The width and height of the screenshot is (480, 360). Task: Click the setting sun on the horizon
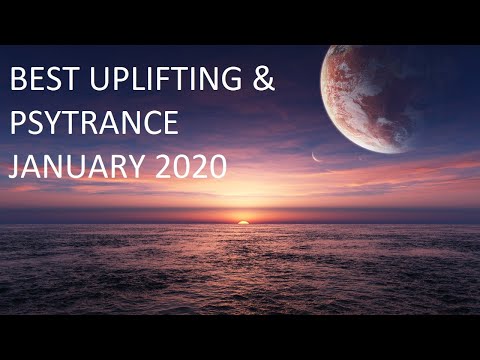tap(241, 220)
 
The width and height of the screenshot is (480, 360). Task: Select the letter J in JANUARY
tap(13, 164)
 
